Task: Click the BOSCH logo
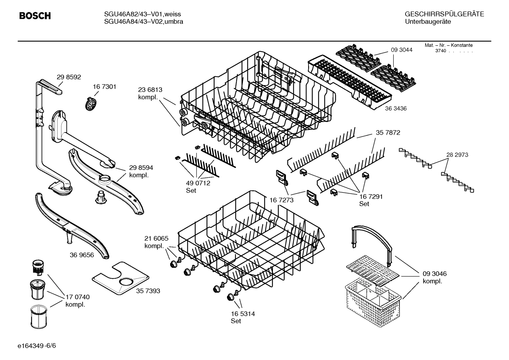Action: tap(35, 16)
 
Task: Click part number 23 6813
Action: tap(150, 90)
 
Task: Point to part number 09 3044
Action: tap(401, 50)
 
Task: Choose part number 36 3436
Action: tap(396, 108)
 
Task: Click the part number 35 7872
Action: tap(388, 133)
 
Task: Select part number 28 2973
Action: tap(457, 155)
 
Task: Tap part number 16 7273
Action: tap(281, 200)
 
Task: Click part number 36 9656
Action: tap(82, 255)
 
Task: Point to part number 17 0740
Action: tap(77, 297)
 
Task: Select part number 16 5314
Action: tap(243, 314)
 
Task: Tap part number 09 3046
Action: tap(435, 274)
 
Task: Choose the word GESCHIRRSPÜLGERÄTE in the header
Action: tap(444, 14)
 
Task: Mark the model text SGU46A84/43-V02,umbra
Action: tap(143, 22)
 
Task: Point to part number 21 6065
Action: tap(156, 238)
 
